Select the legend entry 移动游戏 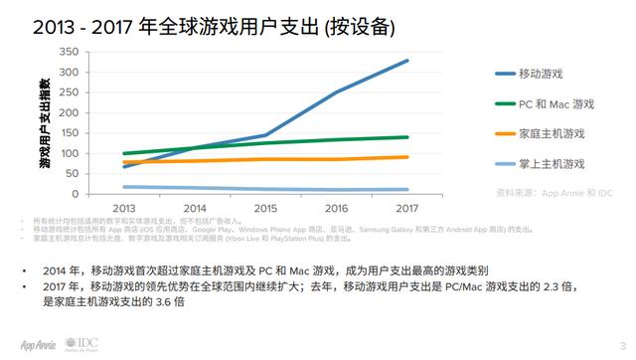[542, 74]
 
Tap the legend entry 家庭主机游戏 [552, 132]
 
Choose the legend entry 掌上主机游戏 [552, 162]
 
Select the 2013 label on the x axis [124, 209]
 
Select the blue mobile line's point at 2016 [334, 92]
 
